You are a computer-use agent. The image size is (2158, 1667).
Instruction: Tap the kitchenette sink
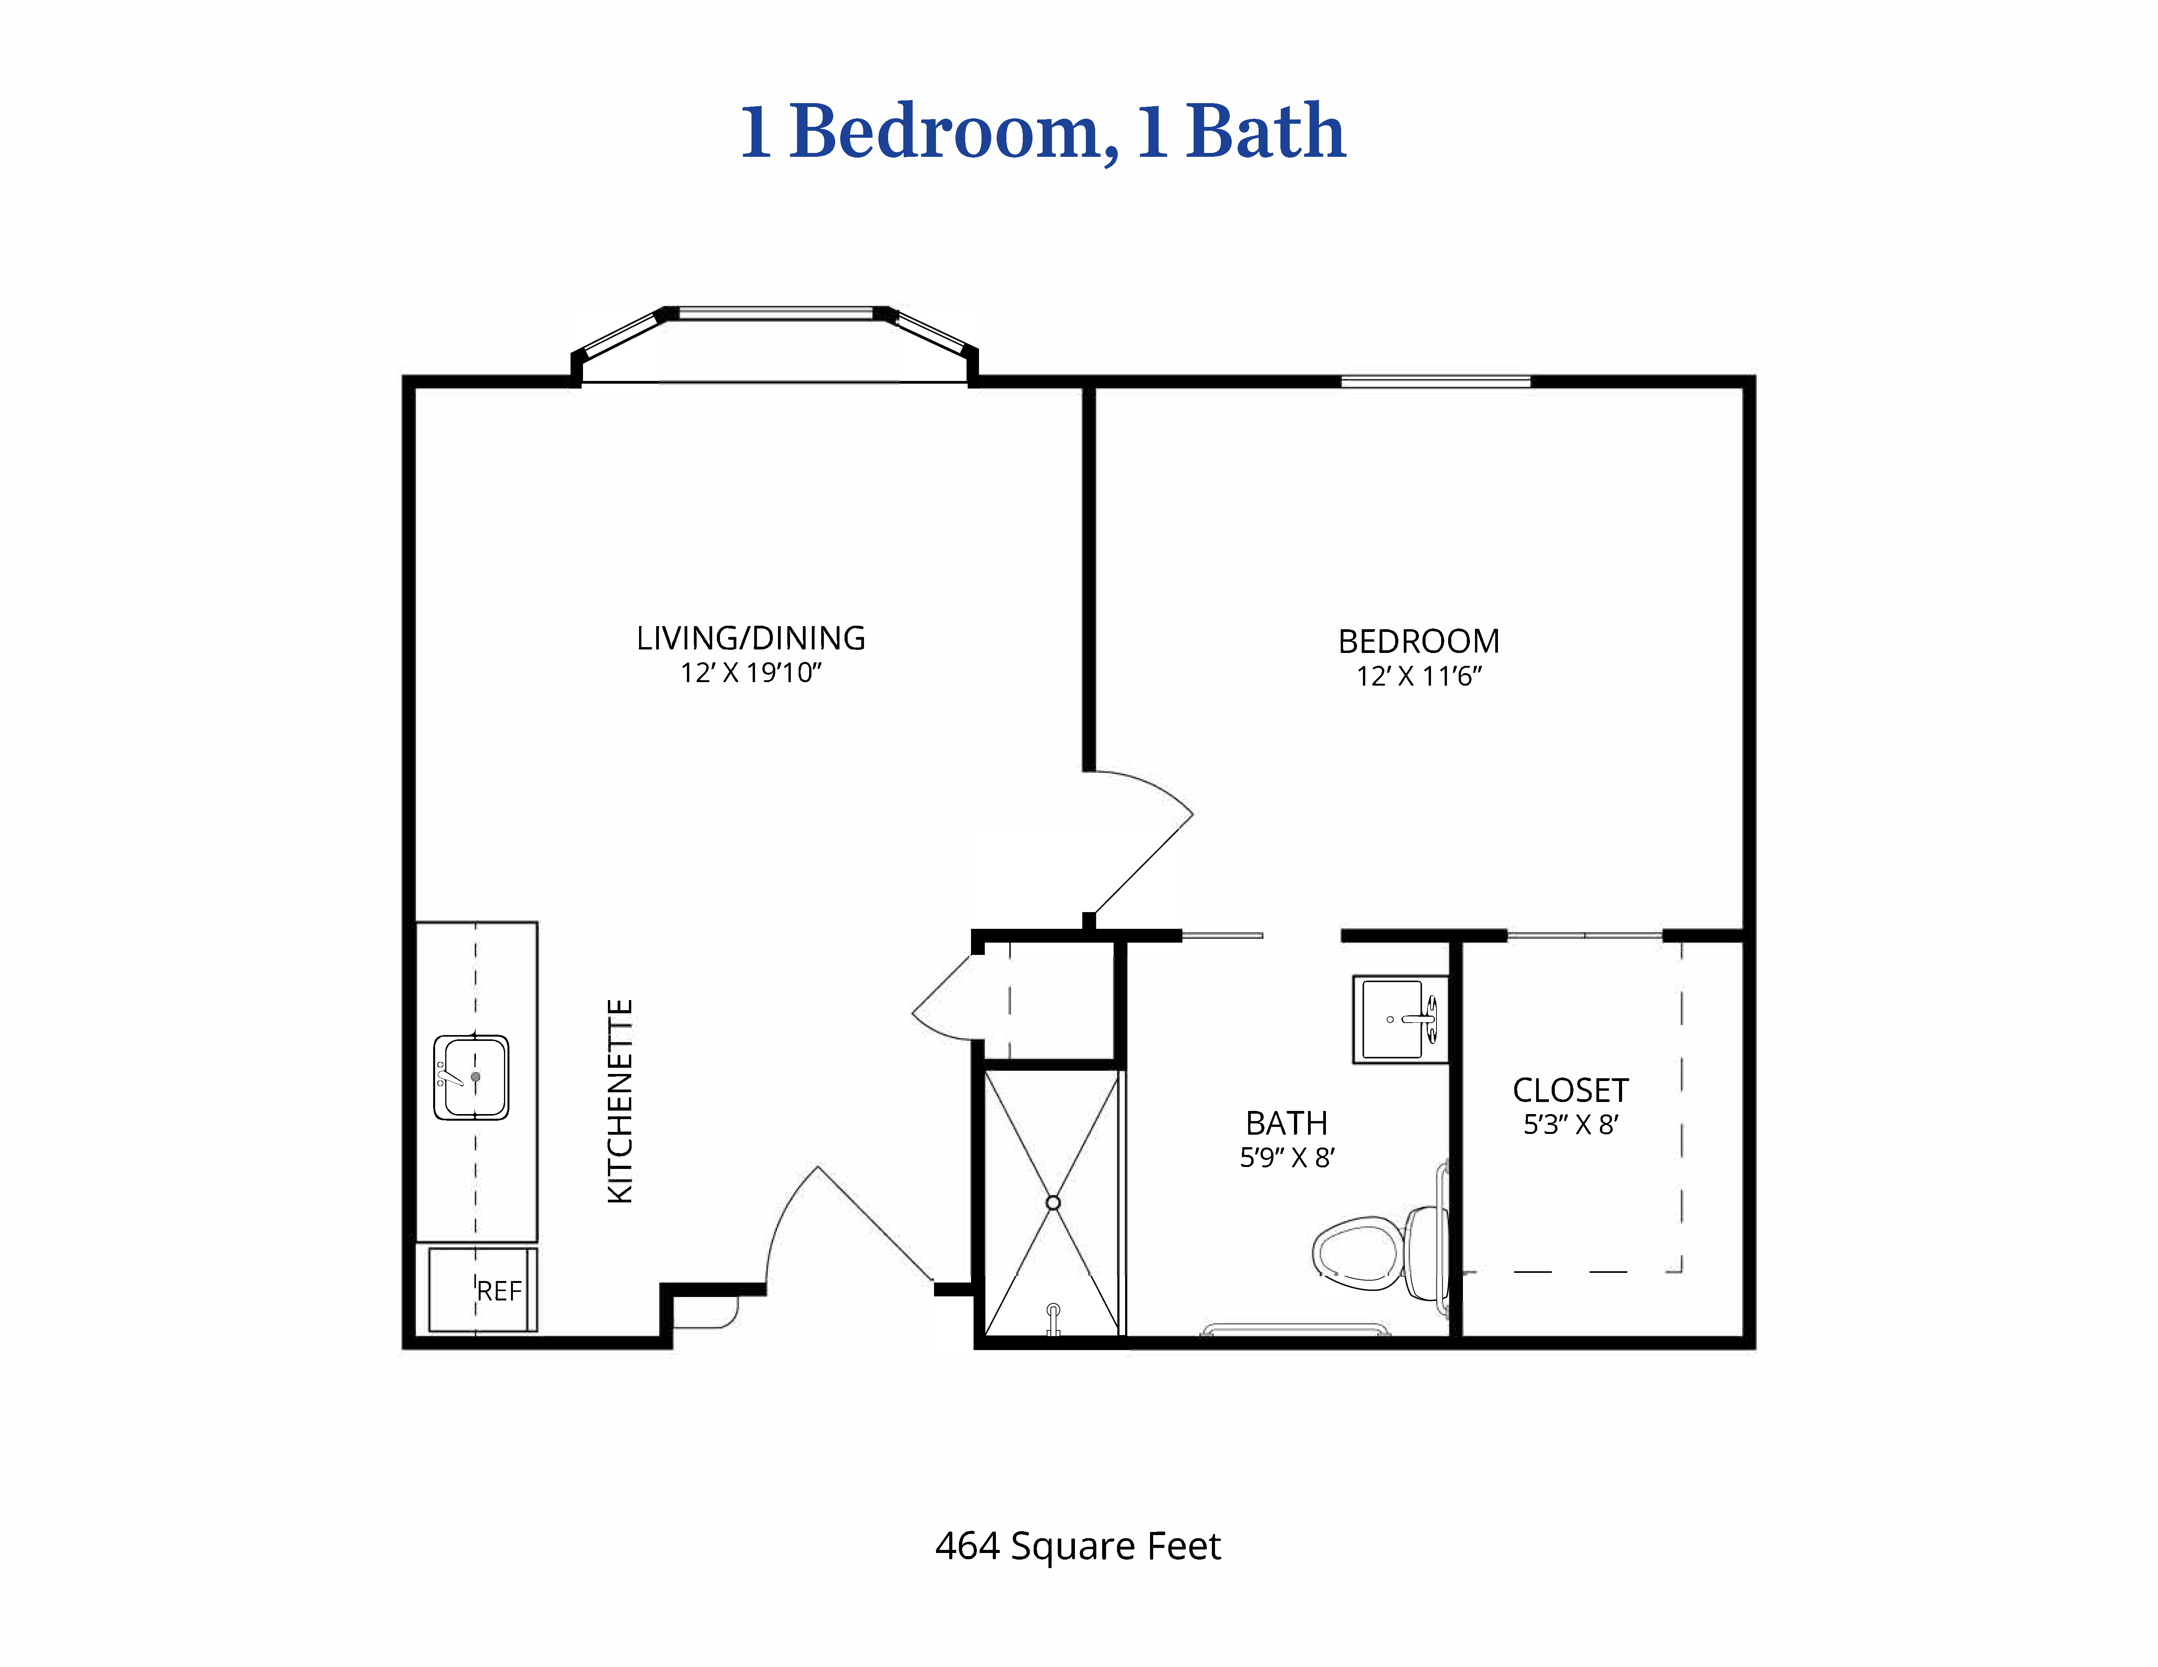(x=471, y=1077)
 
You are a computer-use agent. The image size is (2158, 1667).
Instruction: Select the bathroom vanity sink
(x=1400, y=1019)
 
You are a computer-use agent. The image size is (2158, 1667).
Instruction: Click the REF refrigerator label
(x=499, y=1290)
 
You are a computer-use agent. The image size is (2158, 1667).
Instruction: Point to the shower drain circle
(x=1052, y=1202)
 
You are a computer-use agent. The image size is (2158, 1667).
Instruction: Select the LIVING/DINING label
(x=751, y=638)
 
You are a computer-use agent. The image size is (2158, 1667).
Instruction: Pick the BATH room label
(x=1287, y=1123)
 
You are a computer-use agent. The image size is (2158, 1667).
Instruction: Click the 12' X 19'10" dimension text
(x=751, y=673)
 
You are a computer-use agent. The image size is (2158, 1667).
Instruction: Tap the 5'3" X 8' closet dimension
(x=1570, y=1125)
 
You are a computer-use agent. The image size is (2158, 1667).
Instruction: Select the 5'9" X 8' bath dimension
(x=1287, y=1157)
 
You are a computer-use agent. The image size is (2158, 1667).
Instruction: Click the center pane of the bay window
(x=777, y=313)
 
